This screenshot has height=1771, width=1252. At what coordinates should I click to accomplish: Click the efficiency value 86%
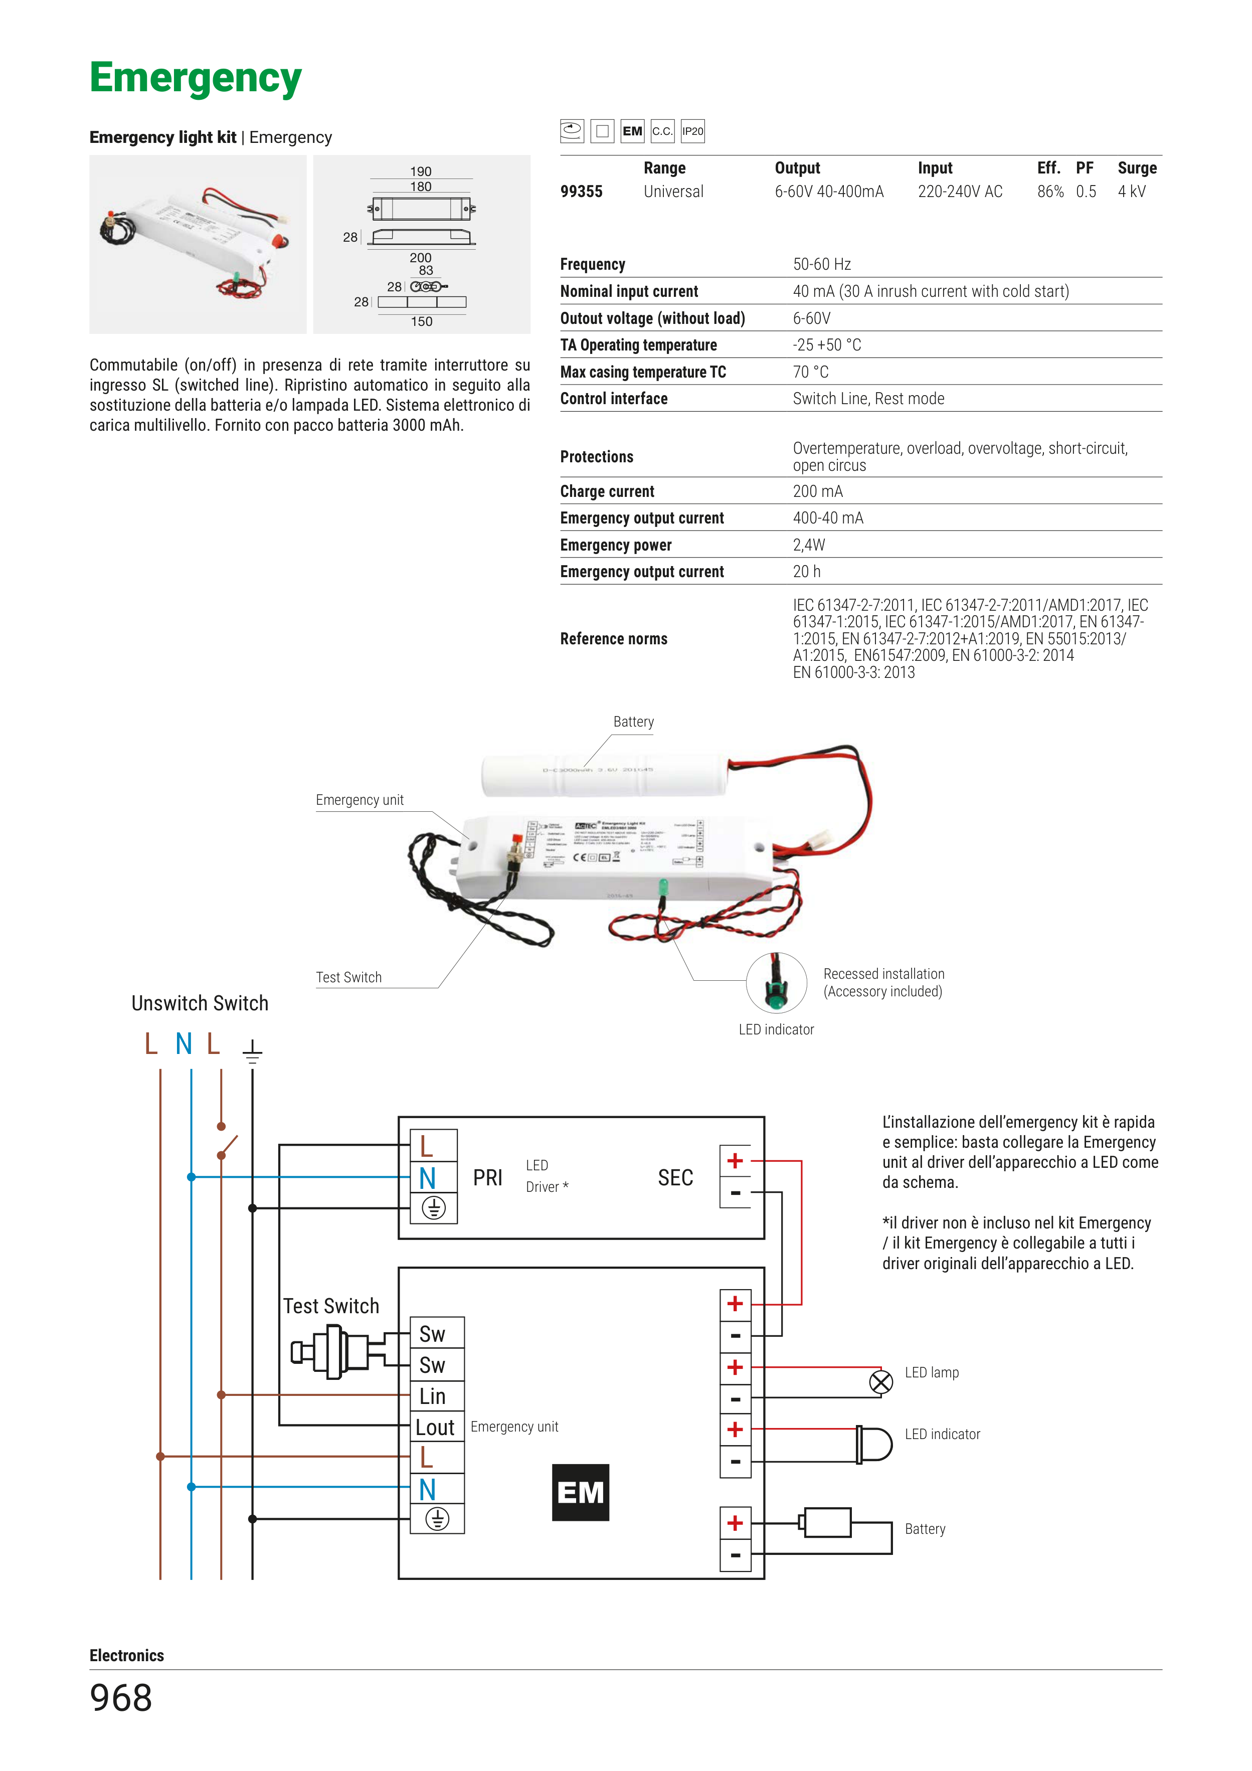coord(1050,192)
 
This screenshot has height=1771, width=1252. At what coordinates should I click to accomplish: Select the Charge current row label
coord(607,491)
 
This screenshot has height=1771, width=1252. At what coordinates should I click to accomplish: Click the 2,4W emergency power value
coord(808,545)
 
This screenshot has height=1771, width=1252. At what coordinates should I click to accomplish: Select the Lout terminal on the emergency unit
coord(436,1428)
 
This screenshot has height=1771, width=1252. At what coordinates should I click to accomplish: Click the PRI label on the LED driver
coord(487,1178)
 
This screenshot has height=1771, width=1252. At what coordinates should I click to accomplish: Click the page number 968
coord(121,1698)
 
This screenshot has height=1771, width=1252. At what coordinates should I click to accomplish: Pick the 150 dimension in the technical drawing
coord(421,321)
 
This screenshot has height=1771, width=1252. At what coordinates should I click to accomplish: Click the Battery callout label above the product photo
coord(633,722)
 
